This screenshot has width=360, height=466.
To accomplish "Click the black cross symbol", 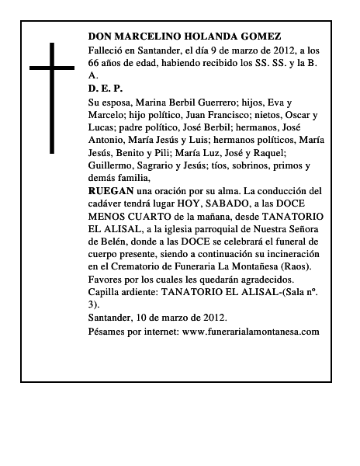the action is (54, 97).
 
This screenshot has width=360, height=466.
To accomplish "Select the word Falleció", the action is (107, 50).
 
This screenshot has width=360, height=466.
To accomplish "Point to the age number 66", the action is (95, 63).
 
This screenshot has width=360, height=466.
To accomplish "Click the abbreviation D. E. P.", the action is (106, 89).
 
